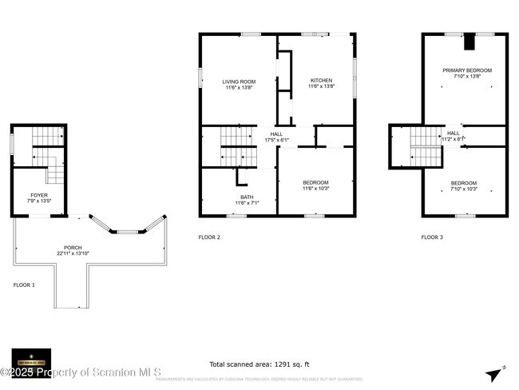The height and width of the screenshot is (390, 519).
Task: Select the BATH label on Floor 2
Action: [247, 197]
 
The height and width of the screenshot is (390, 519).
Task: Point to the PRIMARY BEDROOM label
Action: [467, 70]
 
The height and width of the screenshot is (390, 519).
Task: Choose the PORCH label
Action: [73, 248]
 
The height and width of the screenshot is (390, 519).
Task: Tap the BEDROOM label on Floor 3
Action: [464, 183]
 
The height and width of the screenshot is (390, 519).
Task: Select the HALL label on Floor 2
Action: [276, 134]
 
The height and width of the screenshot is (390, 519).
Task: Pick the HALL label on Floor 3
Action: [454, 133]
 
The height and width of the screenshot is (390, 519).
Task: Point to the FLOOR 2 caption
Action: [209, 237]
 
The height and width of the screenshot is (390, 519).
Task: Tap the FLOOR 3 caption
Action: [433, 237]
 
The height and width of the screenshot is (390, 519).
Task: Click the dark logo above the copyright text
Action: [32, 357]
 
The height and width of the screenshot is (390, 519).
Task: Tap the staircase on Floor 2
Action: [236, 147]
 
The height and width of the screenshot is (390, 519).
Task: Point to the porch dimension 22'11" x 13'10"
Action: [73, 253]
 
